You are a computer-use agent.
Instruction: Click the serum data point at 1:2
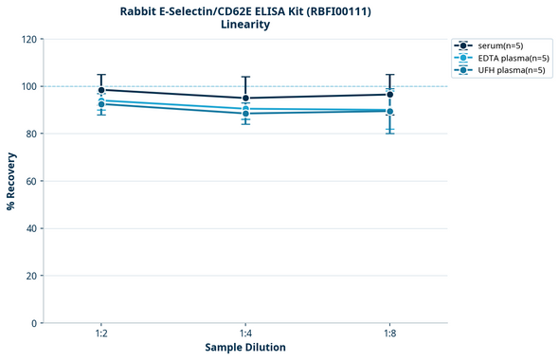click(x=101, y=90)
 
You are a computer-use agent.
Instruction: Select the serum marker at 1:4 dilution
click(x=245, y=98)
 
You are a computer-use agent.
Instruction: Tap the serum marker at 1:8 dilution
click(x=390, y=94)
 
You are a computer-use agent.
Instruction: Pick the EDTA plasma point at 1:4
click(x=245, y=109)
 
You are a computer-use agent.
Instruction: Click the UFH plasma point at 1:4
click(x=245, y=114)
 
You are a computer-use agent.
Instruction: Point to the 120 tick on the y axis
click(x=28, y=39)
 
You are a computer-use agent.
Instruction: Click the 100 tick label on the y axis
click(x=28, y=86)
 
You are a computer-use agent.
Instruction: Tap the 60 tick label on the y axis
click(x=31, y=181)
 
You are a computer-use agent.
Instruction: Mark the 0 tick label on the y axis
click(x=34, y=323)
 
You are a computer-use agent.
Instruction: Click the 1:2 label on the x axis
click(x=101, y=333)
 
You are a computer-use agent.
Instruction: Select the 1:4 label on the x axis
click(x=245, y=333)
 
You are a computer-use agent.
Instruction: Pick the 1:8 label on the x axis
click(x=390, y=333)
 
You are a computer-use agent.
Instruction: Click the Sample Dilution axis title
click(x=245, y=348)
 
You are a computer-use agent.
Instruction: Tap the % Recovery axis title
click(x=11, y=181)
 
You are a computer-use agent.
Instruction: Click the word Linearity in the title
click(x=245, y=25)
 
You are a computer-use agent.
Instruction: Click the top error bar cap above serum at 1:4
click(x=245, y=77)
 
